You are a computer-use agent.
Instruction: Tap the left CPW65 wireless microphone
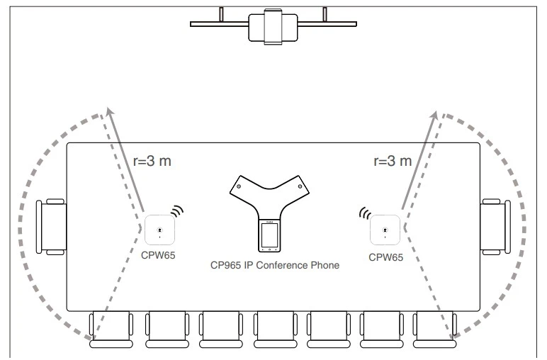[159, 230]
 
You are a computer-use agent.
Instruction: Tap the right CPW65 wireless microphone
[385, 230]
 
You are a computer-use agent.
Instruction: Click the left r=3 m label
[152, 161]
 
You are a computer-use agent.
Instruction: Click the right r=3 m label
[393, 161]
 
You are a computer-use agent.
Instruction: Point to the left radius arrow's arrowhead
[111, 111]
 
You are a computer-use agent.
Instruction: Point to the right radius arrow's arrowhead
[434, 115]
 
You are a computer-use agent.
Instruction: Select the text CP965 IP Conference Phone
[275, 265]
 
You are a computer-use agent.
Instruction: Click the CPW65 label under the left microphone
[158, 255]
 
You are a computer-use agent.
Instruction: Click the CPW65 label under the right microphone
[386, 257]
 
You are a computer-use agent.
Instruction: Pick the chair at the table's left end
[51, 227]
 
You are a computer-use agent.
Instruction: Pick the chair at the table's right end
[495, 227]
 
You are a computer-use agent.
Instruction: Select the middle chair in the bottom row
[276, 330]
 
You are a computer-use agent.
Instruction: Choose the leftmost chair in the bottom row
[111, 330]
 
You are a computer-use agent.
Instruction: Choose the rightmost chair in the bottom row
[434, 330]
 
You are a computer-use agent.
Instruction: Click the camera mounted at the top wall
[273, 26]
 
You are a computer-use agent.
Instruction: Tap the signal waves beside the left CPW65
[177, 211]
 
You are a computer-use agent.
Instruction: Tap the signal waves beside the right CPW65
[365, 213]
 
